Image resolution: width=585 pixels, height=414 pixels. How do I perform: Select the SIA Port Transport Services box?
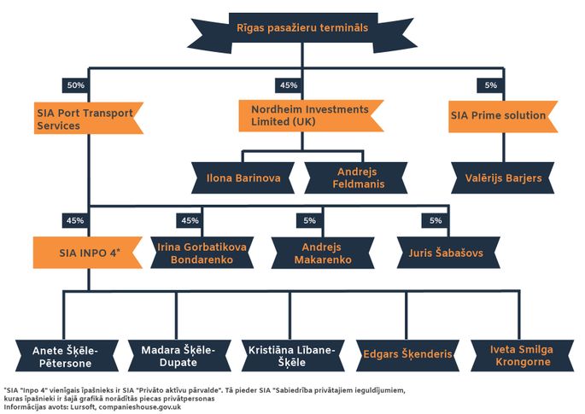[x=89, y=119]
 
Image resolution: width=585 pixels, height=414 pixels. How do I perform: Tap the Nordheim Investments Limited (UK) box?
[x=311, y=115]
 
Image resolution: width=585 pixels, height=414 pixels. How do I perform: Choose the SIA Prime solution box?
[x=503, y=116]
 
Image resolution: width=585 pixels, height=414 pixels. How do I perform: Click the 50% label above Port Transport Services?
[x=76, y=85]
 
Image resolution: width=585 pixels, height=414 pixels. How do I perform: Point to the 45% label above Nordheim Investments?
[x=289, y=85]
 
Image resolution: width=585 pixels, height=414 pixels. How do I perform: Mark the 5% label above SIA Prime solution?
[x=490, y=85]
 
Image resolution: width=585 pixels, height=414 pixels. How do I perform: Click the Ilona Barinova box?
[x=243, y=178]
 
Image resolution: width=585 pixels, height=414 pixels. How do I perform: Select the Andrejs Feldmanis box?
[x=356, y=178]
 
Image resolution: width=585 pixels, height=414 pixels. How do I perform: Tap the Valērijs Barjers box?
[x=503, y=178]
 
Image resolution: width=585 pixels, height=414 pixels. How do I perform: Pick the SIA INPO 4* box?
[x=88, y=253]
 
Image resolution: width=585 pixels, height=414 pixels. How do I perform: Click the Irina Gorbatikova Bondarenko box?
[x=202, y=253]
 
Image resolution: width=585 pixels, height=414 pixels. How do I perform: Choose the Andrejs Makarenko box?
[x=323, y=253]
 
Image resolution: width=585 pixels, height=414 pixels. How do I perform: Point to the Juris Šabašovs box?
[x=448, y=253]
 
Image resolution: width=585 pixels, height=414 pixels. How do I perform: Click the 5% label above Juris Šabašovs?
[x=435, y=221]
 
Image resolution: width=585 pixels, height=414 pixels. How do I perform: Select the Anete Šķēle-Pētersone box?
[x=67, y=356]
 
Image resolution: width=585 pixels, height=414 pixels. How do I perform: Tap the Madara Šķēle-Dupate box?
[x=179, y=356]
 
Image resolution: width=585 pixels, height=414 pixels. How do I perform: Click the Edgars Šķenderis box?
[x=407, y=356]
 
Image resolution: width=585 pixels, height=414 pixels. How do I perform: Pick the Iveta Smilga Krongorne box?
[x=523, y=356]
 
